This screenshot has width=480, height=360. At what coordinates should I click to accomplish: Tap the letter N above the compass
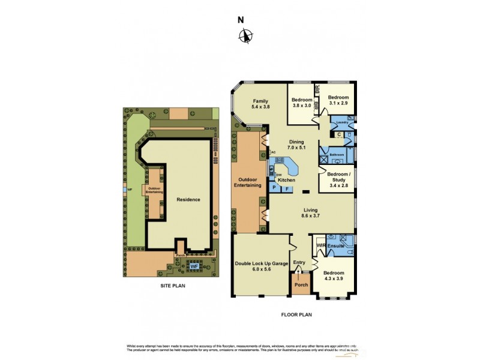pyautogui.click(x=241, y=19)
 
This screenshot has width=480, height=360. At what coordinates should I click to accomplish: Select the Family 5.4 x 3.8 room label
pyautogui.click(x=260, y=104)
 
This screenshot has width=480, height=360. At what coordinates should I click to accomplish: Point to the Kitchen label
pyautogui.click(x=286, y=180)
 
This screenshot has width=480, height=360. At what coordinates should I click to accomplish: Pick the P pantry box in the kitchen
pyautogui.click(x=274, y=188)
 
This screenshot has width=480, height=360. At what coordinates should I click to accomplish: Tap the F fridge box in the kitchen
pyautogui.click(x=287, y=188)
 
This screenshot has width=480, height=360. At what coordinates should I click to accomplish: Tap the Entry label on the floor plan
pyautogui.click(x=300, y=262)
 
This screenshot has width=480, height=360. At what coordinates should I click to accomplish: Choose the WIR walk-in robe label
pyautogui.click(x=320, y=245)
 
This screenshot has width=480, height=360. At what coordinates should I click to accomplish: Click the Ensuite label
pyautogui.click(x=336, y=245)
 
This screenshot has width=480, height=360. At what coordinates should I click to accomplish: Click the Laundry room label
pyautogui.click(x=343, y=123)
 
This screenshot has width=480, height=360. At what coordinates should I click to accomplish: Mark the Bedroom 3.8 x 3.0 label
pyautogui.click(x=302, y=103)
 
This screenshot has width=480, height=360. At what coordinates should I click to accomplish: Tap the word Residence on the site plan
pyautogui.click(x=188, y=199)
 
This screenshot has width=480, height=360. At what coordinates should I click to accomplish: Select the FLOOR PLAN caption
pyautogui.click(x=297, y=314)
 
